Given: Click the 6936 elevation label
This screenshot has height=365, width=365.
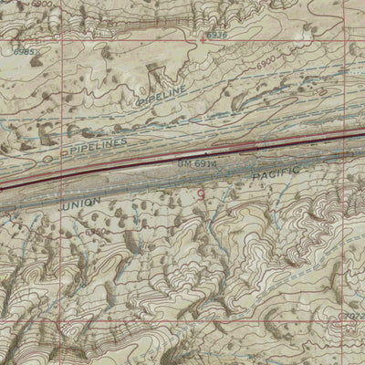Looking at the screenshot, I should coord(216,35).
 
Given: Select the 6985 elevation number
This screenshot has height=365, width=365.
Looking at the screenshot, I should coord(24,52).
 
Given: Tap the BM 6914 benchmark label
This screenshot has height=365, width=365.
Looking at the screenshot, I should coord(198,162).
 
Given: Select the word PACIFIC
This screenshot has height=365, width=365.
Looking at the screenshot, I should coord(276,172).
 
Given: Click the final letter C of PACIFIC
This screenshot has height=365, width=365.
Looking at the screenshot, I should coord(297,169).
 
